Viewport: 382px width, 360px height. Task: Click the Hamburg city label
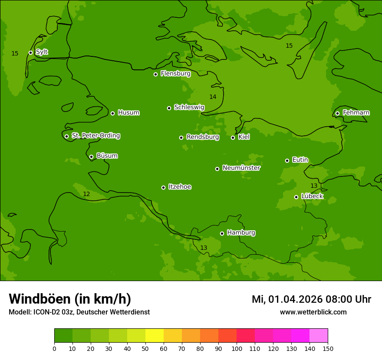pyautogui.click(x=241, y=233)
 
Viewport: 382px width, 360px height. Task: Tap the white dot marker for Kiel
pyautogui.click(x=233, y=137)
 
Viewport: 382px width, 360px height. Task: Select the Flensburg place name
pyautogui.click(x=175, y=74)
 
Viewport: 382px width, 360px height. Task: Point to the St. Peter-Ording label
pyautogui.click(x=95, y=136)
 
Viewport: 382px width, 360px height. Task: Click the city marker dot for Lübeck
pyautogui.click(x=296, y=197)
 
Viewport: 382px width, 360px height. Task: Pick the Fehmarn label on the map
pyautogui.click(x=356, y=113)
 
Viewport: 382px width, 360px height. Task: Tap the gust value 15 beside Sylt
pyautogui.click(x=15, y=53)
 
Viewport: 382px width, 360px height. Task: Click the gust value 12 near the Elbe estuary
pyautogui.click(x=86, y=194)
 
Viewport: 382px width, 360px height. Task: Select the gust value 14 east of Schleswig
pyautogui.click(x=213, y=97)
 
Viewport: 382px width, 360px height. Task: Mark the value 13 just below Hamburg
pyautogui.click(x=204, y=248)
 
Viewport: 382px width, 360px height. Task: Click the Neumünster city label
pyautogui.click(x=241, y=168)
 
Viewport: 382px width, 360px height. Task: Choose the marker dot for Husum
pyautogui.click(x=112, y=113)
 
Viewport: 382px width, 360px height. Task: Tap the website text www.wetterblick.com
pyautogui.click(x=313, y=312)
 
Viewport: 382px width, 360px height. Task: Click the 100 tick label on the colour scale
pyautogui.click(x=237, y=348)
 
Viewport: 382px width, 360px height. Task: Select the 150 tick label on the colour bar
pyautogui.click(x=328, y=348)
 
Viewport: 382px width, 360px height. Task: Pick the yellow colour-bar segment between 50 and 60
pyautogui.click(x=155, y=336)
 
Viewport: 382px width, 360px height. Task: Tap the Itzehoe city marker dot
pyautogui.click(x=163, y=187)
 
